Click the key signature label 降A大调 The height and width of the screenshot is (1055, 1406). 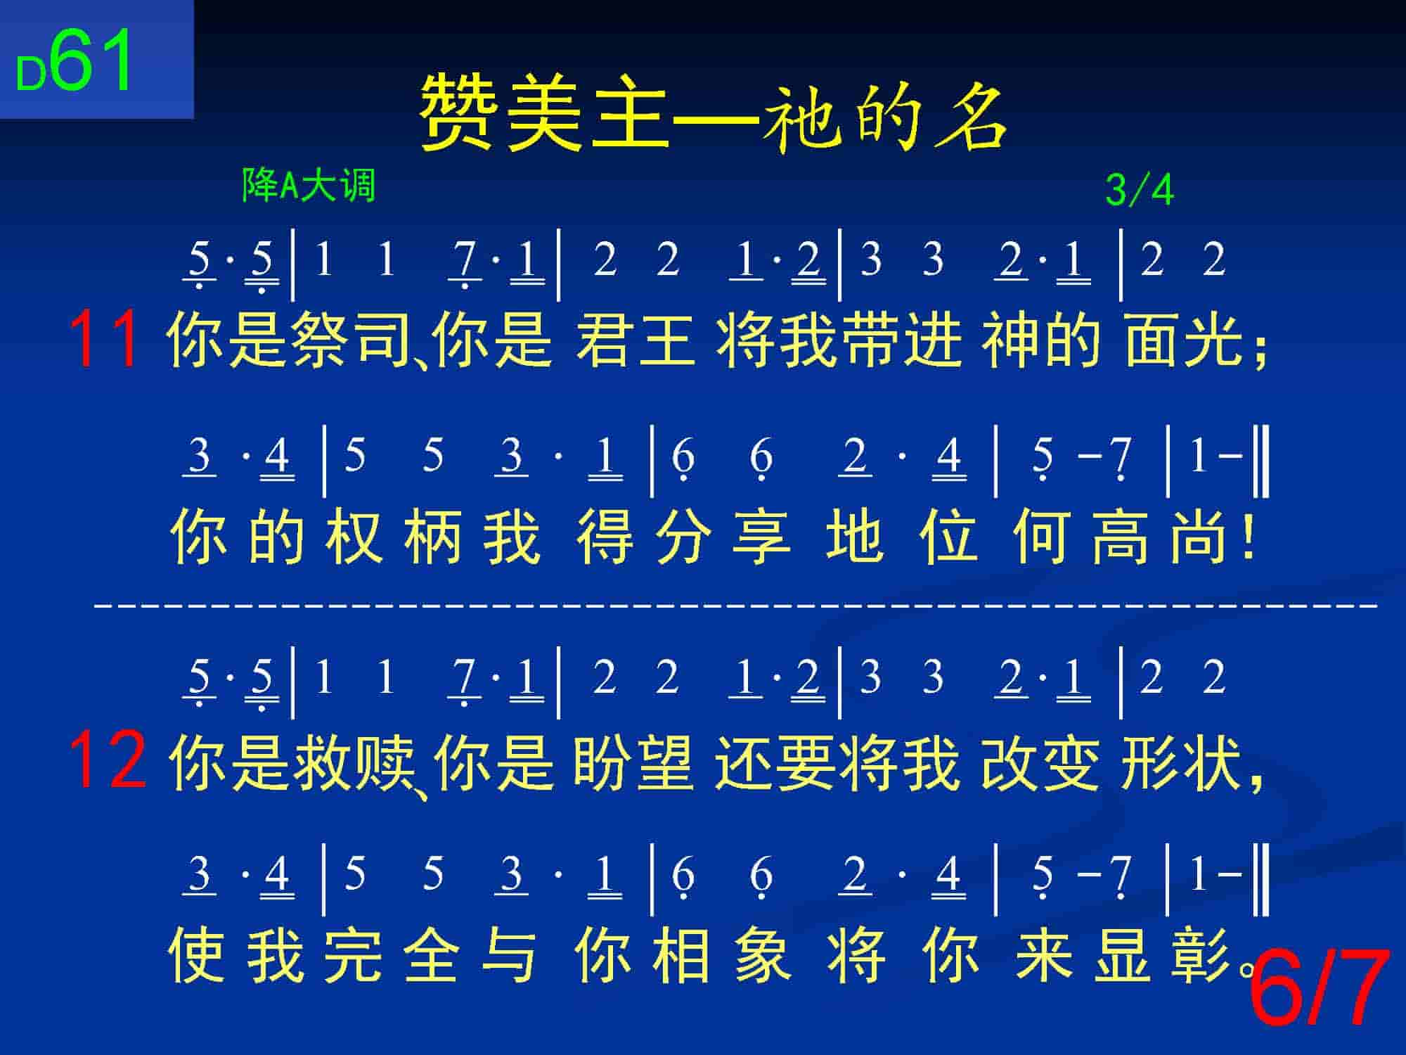(309, 186)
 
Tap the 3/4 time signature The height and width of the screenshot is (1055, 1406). (1140, 190)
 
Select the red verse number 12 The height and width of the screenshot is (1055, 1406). (108, 760)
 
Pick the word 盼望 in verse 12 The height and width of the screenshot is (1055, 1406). (633, 761)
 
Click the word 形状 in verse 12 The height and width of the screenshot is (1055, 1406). (1182, 761)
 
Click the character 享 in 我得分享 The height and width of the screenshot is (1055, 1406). (762, 536)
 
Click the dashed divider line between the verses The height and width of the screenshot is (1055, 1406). (735, 604)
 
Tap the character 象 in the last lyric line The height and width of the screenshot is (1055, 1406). (763, 954)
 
